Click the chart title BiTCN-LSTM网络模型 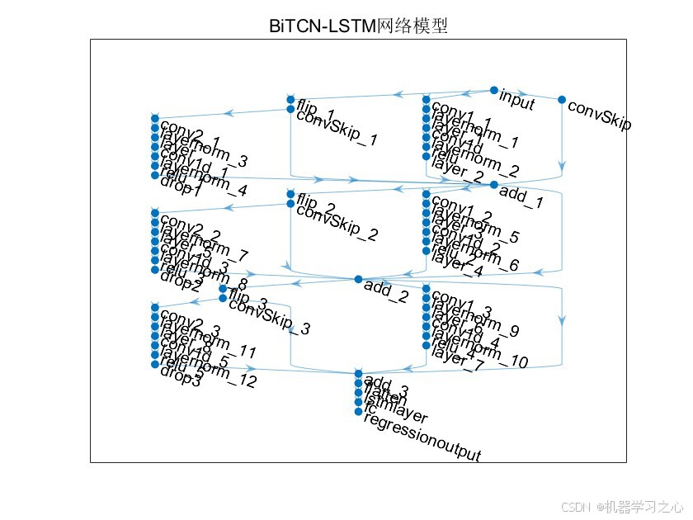(x=358, y=26)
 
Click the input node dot (x=494, y=90)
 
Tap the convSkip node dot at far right (x=562, y=100)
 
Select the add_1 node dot (x=494, y=185)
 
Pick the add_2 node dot (x=359, y=279)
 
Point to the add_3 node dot (x=358, y=374)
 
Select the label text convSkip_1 (x=337, y=129)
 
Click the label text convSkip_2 (x=337, y=223)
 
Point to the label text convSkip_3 (x=269, y=317)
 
